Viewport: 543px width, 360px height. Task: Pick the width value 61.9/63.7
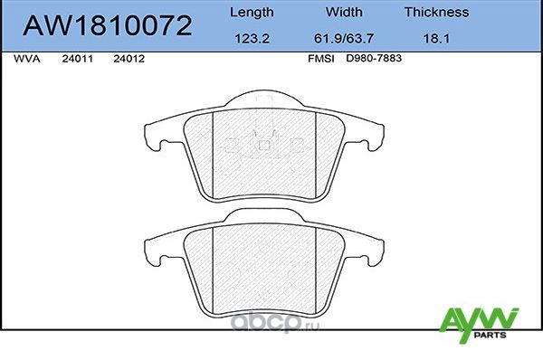(344, 40)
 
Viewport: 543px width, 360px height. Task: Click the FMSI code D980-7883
(372, 58)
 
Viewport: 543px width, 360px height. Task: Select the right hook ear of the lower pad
(370, 247)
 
